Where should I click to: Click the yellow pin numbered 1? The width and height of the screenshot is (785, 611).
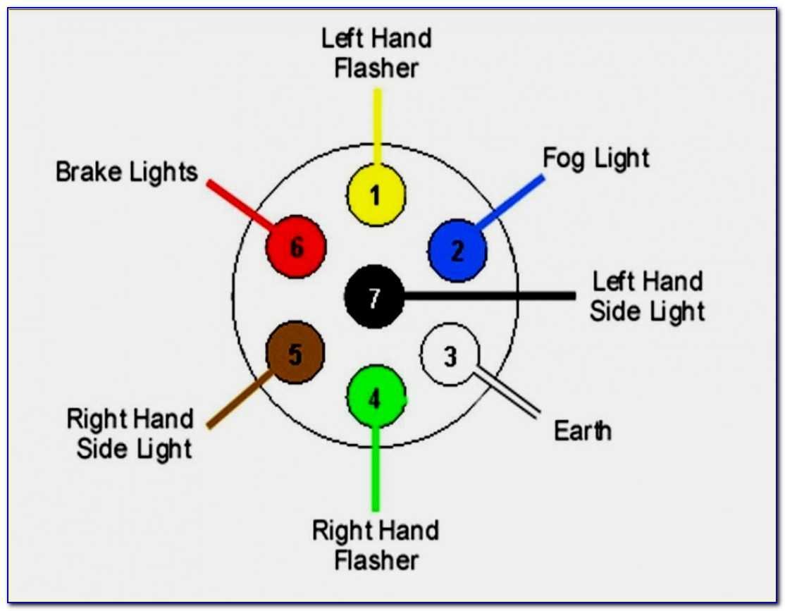click(x=376, y=195)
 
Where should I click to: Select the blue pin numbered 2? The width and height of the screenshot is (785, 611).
click(x=457, y=250)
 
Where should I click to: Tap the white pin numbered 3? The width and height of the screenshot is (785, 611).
click(x=450, y=356)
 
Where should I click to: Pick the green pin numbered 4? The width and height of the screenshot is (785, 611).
click(x=375, y=399)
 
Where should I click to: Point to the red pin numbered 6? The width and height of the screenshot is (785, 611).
click(x=296, y=247)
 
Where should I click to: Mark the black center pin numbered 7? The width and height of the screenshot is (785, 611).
click(x=374, y=297)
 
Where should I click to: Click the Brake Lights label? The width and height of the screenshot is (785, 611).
click(x=127, y=172)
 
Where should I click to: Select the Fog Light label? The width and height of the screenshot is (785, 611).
click(x=595, y=158)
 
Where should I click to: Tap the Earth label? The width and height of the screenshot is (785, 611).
click(x=582, y=431)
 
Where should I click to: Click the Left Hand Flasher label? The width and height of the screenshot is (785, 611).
click(x=376, y=54)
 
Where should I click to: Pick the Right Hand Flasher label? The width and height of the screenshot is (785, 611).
click(x=376, y=545)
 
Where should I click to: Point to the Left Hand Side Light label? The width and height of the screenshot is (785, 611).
click(x=647, y=296)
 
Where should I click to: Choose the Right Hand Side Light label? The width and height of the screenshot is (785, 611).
click(x=131, y=433)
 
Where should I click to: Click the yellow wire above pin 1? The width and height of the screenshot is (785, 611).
click(x=378, y=127)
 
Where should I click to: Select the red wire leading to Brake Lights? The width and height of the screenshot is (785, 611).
click(x=240, y=204)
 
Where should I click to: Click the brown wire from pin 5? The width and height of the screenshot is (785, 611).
click(x=238, y=400)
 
